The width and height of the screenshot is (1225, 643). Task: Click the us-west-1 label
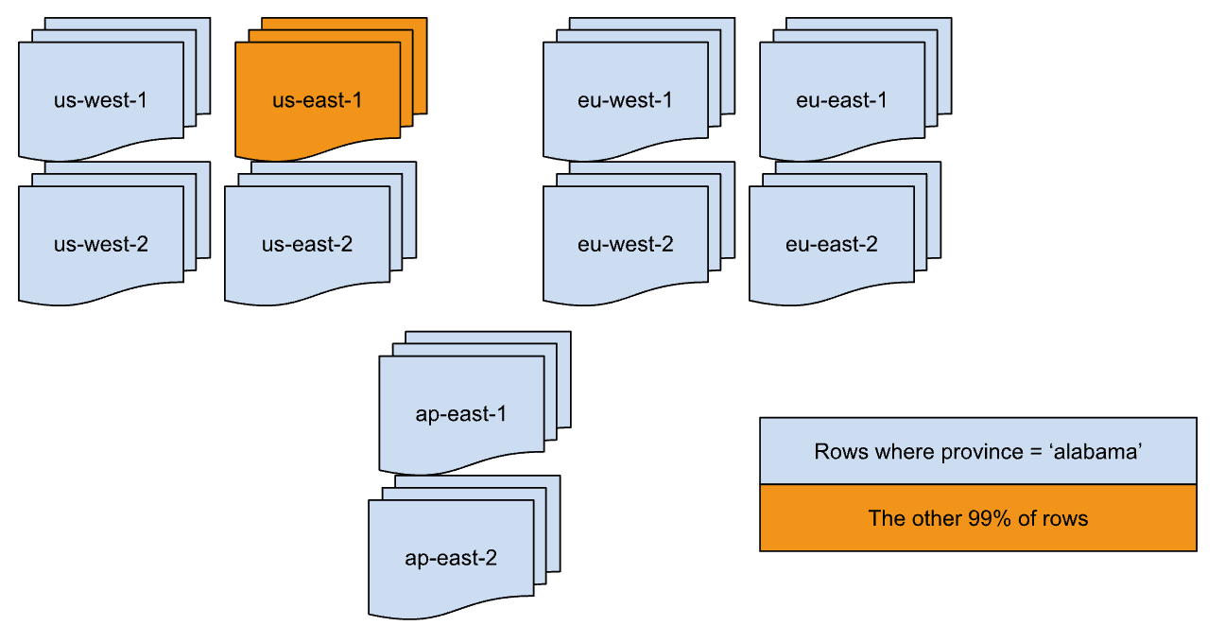100,99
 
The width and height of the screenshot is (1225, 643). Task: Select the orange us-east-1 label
317,99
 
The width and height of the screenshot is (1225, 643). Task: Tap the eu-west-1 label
625,99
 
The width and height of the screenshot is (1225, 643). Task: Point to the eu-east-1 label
841,99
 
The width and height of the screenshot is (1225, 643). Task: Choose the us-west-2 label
100,244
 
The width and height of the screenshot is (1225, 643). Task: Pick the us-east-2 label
306,244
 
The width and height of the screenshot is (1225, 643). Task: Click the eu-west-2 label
625,244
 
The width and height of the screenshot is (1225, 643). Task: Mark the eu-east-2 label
831,244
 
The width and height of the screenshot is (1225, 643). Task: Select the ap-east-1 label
461,414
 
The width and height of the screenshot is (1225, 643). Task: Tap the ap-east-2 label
450,558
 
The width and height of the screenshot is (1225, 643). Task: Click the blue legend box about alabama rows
977,451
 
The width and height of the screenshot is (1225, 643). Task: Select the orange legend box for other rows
977,518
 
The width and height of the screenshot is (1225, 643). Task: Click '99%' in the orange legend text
987,518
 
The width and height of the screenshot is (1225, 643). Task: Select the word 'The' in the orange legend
886,518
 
